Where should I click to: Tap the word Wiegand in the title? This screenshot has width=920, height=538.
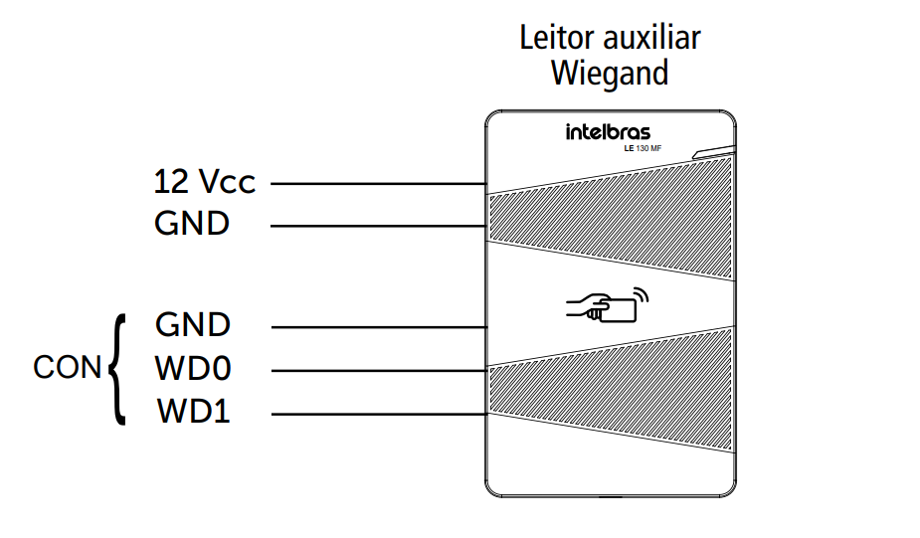pos(610,74)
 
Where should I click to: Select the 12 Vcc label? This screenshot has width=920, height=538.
pos(204,183)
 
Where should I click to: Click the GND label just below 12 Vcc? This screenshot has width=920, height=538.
pos(192,225)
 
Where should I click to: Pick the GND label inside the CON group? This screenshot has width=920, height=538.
pos(193,325)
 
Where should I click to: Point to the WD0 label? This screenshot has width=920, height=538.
pos(193,369)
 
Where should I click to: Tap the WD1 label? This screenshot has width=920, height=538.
pos(193,412)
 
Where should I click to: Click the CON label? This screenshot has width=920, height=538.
pos(68,368)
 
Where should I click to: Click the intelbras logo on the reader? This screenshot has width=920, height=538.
pos(609,132)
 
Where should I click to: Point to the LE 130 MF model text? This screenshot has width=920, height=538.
pos(648,149)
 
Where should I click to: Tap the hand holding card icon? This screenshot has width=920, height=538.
pos(602,306)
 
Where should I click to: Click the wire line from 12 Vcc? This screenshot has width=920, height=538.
pos(378,184)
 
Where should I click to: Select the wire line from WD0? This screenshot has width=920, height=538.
pos(378,371)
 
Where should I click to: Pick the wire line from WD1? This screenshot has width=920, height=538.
pos(378,414)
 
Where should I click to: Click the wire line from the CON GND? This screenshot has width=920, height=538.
pos(378,327)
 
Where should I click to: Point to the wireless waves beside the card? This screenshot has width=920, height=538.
pos(642,295)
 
